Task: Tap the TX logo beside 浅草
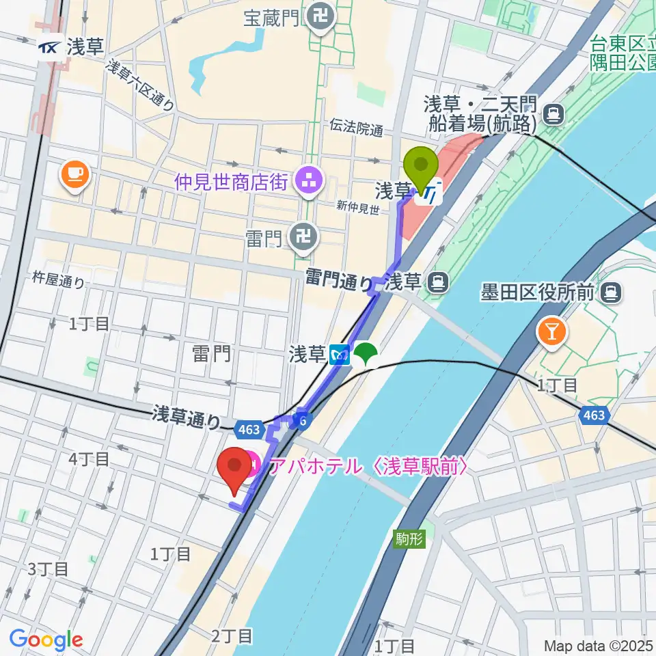[x=49, y=46]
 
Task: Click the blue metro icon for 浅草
[x=339, y=354]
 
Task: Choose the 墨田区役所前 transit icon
[x=610, y=293]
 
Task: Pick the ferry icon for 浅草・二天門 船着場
[x=554, y=113]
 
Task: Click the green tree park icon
[x=366, y=353]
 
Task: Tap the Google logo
[x=46, y=640]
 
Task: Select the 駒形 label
[x=410, y=539]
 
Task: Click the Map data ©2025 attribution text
[x=599, y=646]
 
